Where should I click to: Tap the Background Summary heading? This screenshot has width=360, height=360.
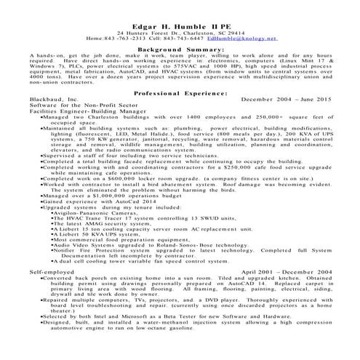pyautogui.click(x=180, y=49)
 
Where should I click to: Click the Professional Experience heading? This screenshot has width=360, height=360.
pyautogui.click(x=180, y=94)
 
